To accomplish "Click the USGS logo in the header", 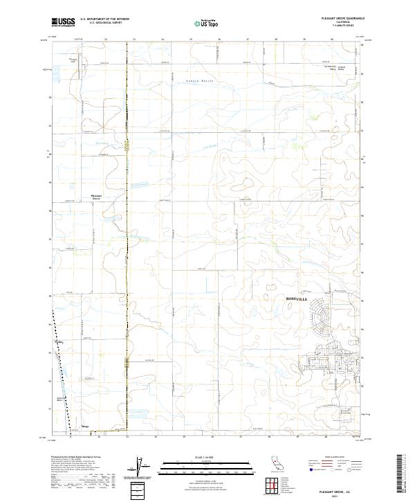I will pos(64,22).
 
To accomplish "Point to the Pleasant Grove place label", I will pos(98,197).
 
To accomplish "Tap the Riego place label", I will pos(86,427).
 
